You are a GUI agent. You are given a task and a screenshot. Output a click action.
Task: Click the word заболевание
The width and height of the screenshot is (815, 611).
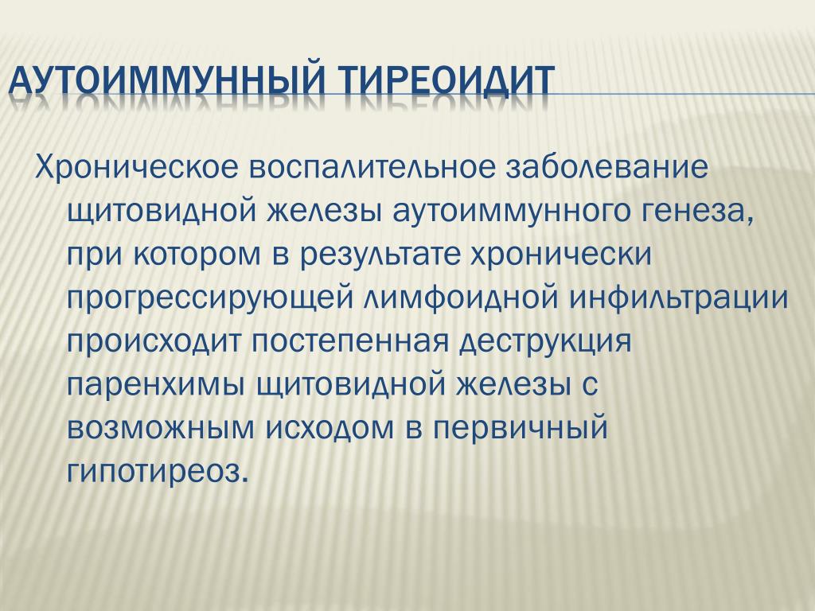606,167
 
